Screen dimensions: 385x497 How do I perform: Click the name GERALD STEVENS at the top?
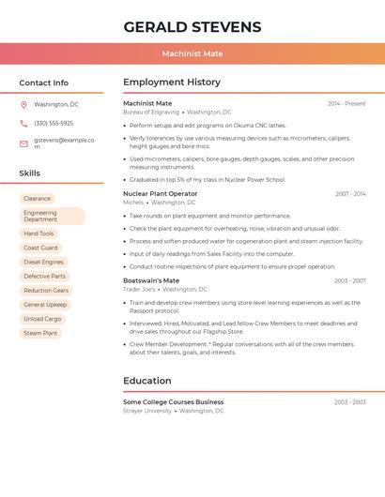(192, 26)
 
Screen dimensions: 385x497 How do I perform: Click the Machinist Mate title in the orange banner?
(192, 53)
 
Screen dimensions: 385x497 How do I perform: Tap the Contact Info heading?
(44, 83)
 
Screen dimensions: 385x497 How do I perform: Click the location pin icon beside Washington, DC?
(23, 104)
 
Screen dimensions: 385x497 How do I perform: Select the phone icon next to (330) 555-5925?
(23, 123)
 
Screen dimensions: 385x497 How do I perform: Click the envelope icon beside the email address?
(23, 143)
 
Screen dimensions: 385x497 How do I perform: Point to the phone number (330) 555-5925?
(54, 123)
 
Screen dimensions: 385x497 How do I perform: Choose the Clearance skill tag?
(38, 199)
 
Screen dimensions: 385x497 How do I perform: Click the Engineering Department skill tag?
(52, 216)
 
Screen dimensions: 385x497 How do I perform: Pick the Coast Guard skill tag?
(40, 248)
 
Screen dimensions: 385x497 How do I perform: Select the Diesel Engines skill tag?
(43, 262)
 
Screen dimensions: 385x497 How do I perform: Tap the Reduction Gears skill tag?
(46, 291)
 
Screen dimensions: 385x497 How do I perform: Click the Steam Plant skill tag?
(40, 333)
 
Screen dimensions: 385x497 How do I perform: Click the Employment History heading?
(172, 83)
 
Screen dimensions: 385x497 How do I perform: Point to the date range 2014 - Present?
(346, 103)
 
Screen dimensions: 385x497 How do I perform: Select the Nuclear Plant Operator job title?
(161, 193)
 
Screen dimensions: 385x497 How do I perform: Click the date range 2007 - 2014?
(350, 193)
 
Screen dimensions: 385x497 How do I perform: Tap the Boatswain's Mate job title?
(151, 280)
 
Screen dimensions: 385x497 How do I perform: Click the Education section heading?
(147, 381)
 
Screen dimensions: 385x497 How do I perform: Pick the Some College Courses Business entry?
(174, 401)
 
